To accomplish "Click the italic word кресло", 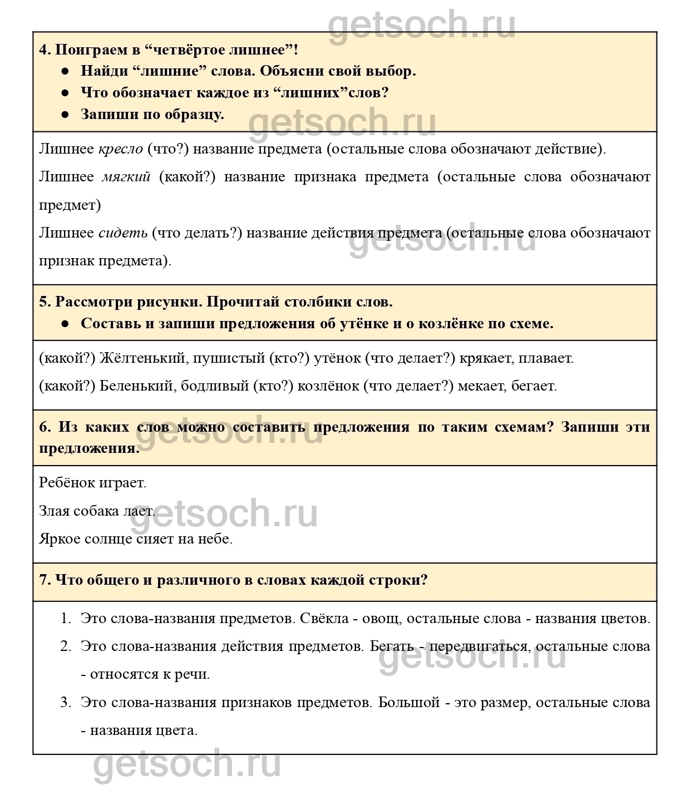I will tap(120, 149).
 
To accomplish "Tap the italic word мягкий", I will tap(126, 177).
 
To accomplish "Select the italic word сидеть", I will tap(123, 233).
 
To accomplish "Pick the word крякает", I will tap(487, 358).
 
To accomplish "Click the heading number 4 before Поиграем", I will tap(44, 50).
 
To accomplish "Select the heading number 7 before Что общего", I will tap(44, 580).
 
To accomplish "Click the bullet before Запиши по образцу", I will tap(65, 115).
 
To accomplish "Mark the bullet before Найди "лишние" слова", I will tap(65, 71).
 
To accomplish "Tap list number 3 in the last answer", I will tap(65, 702).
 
